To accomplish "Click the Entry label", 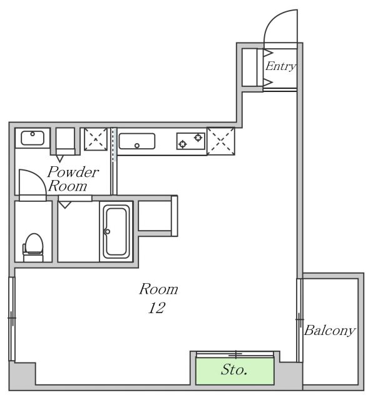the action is [280, 66].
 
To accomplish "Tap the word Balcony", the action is [330, 331].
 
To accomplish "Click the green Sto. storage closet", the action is [235, 371].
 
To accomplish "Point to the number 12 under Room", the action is [157, 307].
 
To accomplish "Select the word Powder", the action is [73, 172].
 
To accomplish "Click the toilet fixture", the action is [33, 247].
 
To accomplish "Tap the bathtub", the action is [116, 232].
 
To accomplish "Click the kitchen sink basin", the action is [137, 141].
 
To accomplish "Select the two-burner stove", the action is [191, 141].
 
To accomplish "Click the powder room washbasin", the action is [33, 138].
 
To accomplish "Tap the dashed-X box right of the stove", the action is [221, 141].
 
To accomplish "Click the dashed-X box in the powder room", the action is [96, 139].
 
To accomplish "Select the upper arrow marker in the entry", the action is [268, 53].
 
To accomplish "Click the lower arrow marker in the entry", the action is [268, 82].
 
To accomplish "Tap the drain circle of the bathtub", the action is [108, 232].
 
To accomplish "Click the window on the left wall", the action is [12, 319].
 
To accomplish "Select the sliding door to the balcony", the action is [300, 320].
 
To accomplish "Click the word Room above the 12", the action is [158, 289].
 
